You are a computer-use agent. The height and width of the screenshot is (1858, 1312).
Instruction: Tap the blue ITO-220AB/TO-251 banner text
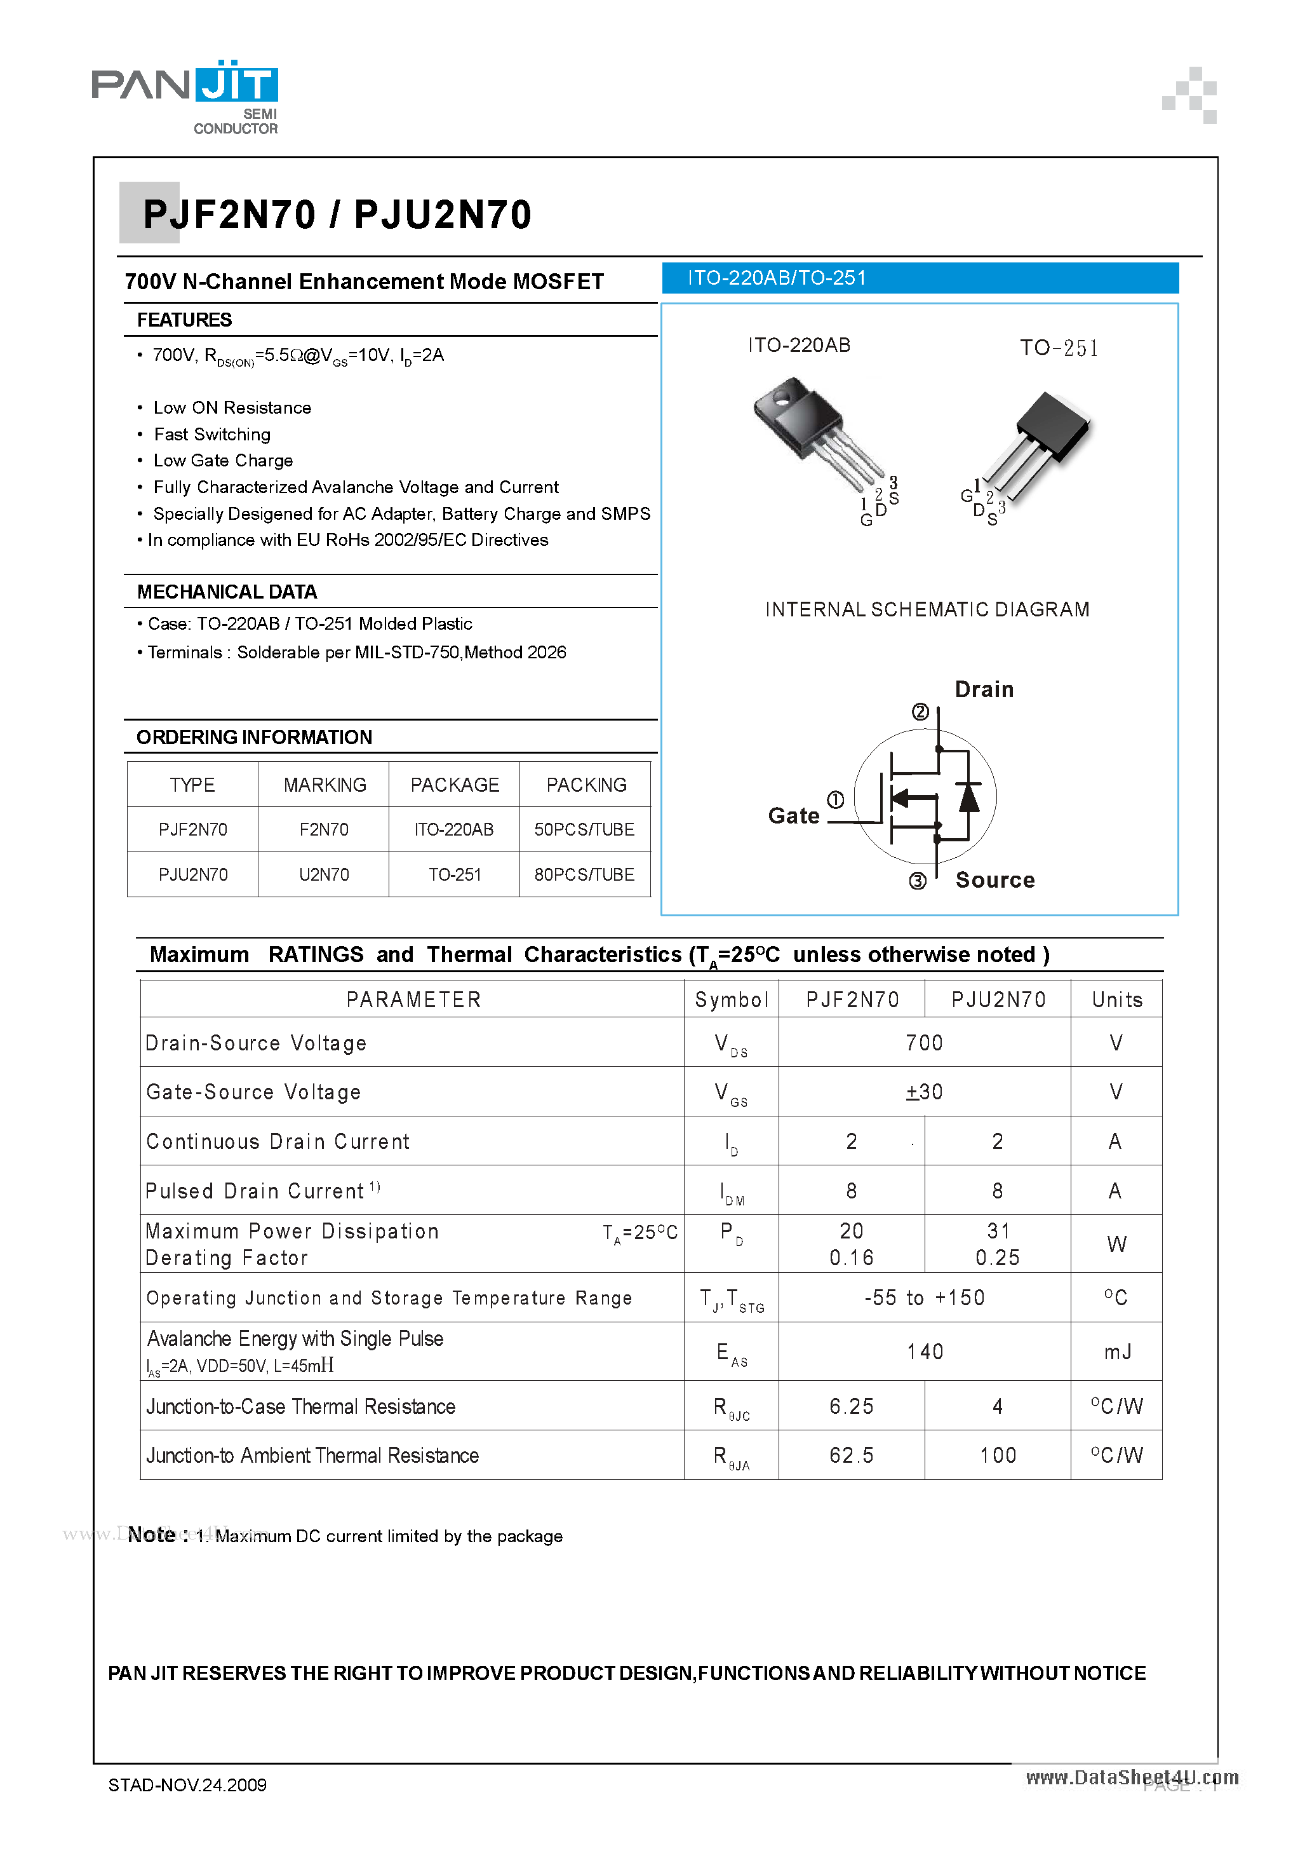777,278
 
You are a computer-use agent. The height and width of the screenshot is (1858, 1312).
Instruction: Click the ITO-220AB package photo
817,433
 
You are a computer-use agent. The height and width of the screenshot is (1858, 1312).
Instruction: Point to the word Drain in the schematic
984,689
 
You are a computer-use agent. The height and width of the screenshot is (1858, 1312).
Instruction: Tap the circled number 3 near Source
917,881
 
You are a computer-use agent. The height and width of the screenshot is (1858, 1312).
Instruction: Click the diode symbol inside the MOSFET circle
968,796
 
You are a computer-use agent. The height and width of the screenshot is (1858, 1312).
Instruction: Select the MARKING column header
325,785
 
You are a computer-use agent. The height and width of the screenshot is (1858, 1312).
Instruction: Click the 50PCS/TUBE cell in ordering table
584,829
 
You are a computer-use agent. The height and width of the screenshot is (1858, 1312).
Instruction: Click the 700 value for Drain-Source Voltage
924,1043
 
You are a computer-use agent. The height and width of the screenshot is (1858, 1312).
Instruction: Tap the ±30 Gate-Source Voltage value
924,1092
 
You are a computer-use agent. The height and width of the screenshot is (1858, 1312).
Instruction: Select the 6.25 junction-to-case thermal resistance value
851,1406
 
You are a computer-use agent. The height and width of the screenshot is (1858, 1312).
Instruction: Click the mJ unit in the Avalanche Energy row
1117,1352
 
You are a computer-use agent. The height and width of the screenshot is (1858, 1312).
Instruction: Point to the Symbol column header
731,1000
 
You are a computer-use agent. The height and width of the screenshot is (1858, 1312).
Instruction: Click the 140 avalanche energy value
925,1352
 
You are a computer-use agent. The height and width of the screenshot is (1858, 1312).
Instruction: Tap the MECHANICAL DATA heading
227,592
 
